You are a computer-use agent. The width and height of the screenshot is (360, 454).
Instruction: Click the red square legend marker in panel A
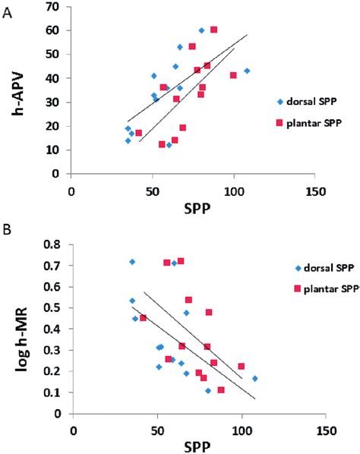click(x=279, y=122)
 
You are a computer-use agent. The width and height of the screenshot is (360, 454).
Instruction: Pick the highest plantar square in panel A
click(x=213, y=30)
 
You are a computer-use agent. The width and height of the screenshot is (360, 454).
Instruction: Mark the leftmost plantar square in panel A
click(x=138, y=133)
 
